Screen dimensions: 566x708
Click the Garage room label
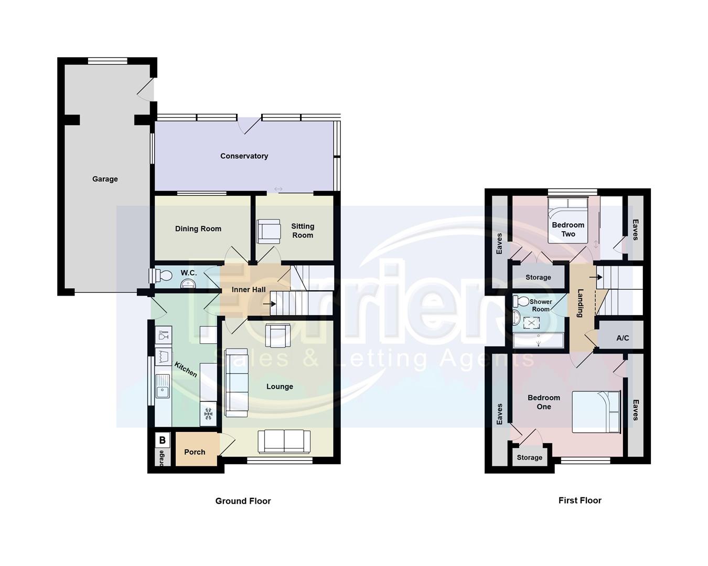click(x=105, y=179)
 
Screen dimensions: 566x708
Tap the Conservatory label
click(x=244, y=156)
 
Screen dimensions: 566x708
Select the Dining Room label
click(x=198, y=229)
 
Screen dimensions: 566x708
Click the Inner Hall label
click(x=249, y=290)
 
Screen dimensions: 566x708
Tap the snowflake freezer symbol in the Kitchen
click(x=208, y=414)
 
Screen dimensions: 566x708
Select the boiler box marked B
click(x=163, y=440)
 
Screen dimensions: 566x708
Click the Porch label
click(x=195, y=452)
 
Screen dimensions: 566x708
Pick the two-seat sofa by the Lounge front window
click(x=284, y=441)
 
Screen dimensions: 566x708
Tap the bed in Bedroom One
click(x=596, y=412)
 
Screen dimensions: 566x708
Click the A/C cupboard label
click(x=623, y=338)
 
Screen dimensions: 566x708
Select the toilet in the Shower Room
click(x=522, y=301)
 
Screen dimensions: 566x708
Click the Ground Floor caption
click(x=243, y=501)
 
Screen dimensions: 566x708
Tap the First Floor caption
click(x=580, y=500)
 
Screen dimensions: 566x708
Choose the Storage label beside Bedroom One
click(x=529, y=458)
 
